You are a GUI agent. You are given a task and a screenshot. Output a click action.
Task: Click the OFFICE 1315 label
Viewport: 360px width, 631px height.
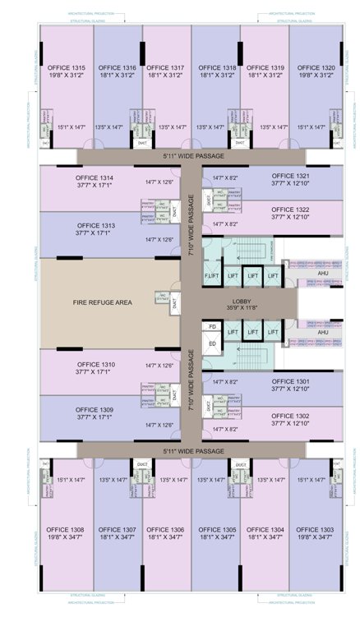(x=66, y=67)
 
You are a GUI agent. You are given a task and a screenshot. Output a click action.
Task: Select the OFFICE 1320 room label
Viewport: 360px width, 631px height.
(x=316, y=67)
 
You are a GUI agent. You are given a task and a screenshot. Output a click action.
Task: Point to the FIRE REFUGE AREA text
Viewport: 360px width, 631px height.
(x=102, y=302)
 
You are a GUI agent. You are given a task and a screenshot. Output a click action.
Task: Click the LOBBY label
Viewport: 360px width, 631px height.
(x=242, y=302)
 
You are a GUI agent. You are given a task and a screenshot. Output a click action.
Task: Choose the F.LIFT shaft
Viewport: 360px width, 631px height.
(x=212, y=276)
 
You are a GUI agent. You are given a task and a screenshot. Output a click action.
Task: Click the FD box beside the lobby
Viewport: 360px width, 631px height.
(x=212, y=325)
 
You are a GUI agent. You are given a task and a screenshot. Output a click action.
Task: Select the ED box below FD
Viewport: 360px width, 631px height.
(x=212, y=343)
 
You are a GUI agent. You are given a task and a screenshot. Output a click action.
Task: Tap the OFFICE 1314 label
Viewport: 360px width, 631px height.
(x=95, y=177)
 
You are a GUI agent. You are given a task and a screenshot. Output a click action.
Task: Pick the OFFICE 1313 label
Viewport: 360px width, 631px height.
(x=95, y=225)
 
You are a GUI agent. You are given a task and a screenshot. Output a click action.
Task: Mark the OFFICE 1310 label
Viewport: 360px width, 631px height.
(x=95, y=363)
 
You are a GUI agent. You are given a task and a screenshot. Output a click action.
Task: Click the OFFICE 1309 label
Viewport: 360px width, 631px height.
(x=95, y=409)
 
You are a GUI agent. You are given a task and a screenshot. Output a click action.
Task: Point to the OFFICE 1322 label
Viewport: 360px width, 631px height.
(x=291, y=210)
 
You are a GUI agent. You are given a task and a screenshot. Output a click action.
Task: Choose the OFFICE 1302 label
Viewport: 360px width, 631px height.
(x=291, y=416)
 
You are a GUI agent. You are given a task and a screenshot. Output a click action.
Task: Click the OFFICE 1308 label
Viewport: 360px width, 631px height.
(x=66, y=529)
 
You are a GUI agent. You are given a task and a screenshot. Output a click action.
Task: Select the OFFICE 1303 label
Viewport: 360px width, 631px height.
(x=316, y=529)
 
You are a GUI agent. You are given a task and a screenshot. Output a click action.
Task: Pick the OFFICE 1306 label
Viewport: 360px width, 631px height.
(x=168, y=529)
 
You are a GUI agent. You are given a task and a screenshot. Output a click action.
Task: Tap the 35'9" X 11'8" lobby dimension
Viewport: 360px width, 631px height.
(x=242, y=310)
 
